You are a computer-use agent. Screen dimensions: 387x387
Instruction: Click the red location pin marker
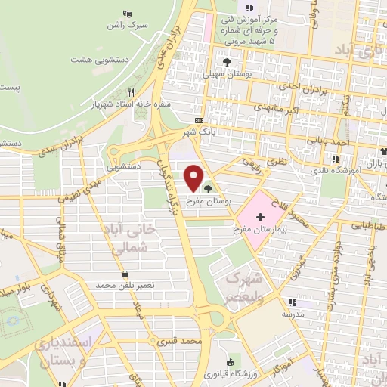tap(194, 178)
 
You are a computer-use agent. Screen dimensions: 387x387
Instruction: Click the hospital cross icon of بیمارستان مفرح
tap(260, 217)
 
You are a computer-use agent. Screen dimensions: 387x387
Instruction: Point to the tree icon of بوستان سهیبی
tap(226, 62)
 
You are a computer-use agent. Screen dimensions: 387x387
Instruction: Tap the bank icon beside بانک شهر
tap(200, 120)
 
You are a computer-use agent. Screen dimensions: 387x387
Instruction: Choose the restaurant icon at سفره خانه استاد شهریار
tap(131, 91)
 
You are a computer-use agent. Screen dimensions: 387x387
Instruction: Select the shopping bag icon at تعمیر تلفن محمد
tap(125, 274)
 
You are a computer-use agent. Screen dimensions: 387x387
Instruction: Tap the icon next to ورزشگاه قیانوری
tap(229, 363)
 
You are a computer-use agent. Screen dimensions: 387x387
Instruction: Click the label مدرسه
tap(293, 313)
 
